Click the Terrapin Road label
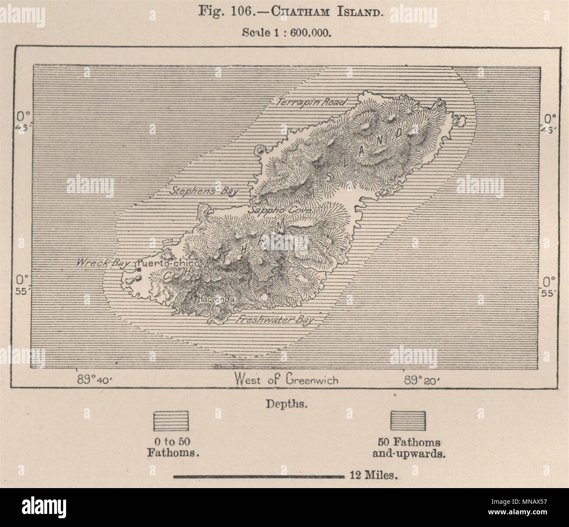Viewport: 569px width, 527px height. click(311, 102)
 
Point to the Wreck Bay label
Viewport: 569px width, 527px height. click(99, 263)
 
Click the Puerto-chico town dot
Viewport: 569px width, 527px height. click(139, 270)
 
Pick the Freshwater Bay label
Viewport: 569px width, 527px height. click(275, 320)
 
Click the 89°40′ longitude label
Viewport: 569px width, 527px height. click(95, 380)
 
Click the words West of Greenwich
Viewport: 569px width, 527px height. click(286, 379)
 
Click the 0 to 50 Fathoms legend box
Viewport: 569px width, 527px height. click(170, 420)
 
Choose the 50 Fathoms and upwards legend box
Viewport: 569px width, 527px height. click(408, 420)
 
